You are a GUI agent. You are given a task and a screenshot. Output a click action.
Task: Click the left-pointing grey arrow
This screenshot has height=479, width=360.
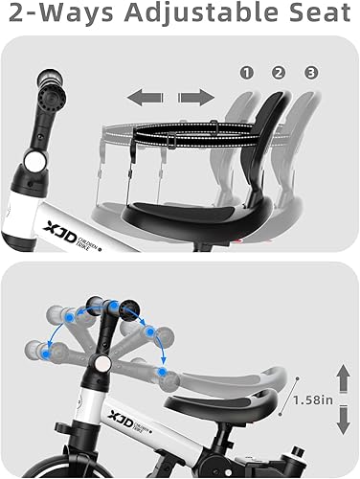(142, 97)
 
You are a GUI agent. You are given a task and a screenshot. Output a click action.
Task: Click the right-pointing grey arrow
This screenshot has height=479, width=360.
(195, 97)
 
